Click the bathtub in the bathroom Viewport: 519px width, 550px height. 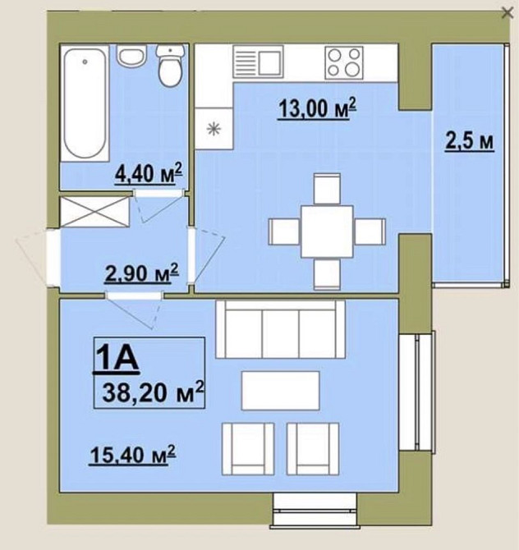point(85,103)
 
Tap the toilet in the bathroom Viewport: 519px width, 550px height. point(170,66)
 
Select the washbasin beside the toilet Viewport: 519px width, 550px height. point(131,56)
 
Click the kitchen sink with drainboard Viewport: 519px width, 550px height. point(258,62)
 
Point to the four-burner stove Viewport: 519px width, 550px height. point(344,62)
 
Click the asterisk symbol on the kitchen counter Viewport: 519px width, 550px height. point(214,129)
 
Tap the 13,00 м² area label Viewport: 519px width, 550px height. point(317,108)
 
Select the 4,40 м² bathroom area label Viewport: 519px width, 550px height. point(149,173)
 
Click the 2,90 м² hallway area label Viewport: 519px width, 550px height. point(142,273)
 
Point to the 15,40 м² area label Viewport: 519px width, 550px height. point(132,455)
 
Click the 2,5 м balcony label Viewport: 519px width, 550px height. point(470,142)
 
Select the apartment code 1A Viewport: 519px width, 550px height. point(116,357)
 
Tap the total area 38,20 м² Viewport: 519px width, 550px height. point(152,392)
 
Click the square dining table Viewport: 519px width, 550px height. point(327,231)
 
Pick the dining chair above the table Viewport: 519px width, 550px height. point(327,189)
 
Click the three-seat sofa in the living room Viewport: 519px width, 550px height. point(280,329)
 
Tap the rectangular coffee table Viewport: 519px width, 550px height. point(280,391)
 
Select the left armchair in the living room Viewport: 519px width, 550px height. point(248,449)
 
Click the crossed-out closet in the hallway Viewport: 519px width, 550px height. point(94,212)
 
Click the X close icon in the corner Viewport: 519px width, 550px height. point(508,13)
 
